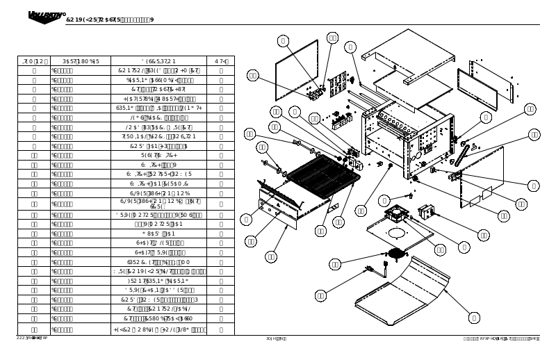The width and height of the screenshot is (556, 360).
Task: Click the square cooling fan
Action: [x=398, y=212]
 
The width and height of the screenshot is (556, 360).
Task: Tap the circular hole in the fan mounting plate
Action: [x=397, y=234]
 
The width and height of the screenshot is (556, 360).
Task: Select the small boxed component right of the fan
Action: [x=426, y=211]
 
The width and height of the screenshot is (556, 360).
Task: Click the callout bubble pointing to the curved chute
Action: [x=474, y=318]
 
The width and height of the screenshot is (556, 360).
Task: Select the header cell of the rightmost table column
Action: [x=221, y=61]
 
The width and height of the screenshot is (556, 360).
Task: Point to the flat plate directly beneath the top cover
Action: [x=404, y=85]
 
